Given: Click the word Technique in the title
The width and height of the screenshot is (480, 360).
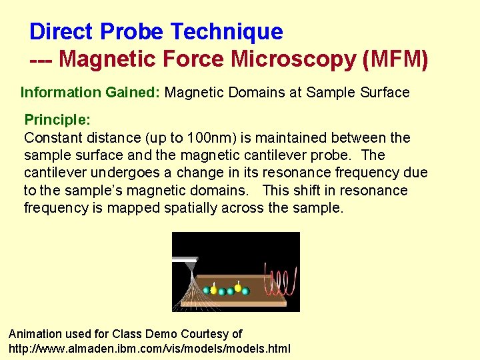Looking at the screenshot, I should point(227,31).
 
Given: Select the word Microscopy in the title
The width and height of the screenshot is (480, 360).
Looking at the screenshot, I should point(293,59).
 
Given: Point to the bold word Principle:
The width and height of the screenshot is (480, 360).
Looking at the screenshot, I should point(57,120).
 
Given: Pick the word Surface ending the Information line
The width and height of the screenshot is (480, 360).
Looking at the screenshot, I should point(384,92).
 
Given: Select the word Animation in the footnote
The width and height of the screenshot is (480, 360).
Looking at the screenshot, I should point(35,333).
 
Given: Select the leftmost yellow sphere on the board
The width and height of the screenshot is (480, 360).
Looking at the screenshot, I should point(213,289).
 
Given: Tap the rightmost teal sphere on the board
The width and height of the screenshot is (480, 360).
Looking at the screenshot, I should point(245,291).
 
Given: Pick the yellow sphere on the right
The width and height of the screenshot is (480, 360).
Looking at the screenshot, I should point(238,287).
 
